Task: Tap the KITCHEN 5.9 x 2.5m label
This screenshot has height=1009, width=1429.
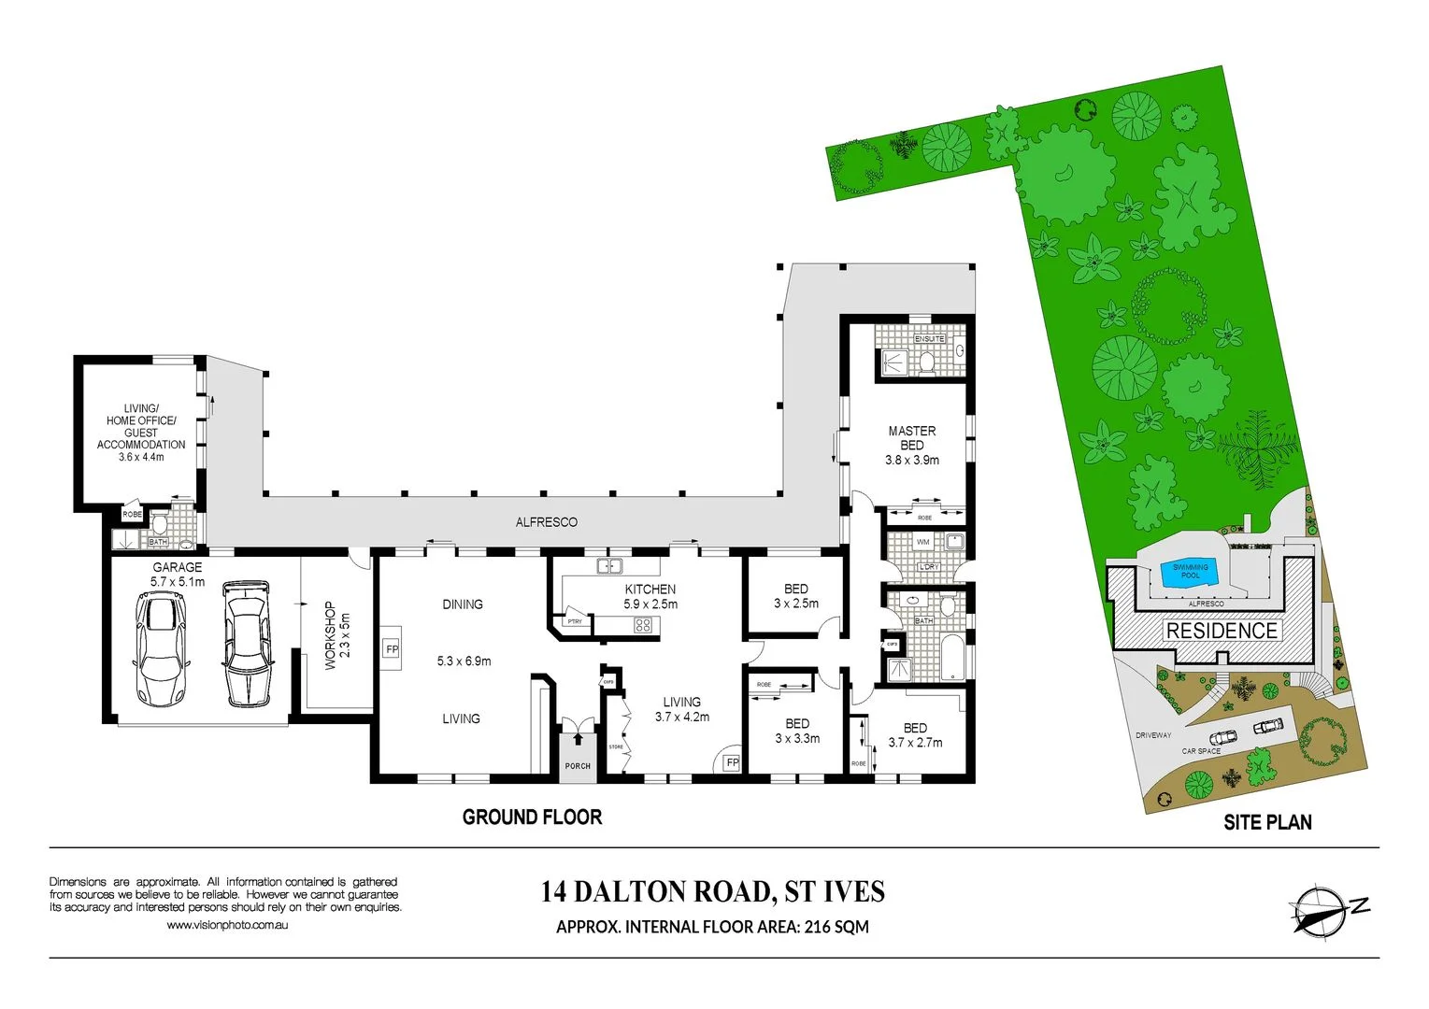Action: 650,596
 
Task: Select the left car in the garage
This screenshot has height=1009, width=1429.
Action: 163,650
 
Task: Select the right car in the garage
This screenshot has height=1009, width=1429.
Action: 247,645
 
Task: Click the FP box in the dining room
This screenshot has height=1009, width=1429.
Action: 392,649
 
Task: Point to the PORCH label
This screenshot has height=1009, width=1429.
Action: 578,766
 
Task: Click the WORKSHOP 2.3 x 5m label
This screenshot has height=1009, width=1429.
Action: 336,634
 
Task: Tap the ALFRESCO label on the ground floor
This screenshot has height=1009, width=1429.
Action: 546,522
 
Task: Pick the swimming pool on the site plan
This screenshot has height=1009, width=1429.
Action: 1190,572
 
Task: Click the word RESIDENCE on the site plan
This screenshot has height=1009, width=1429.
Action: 1221,631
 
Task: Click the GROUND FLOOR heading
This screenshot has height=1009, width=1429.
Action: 532,817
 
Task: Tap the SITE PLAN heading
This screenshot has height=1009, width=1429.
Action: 1267,822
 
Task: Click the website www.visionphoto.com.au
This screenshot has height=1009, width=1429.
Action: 227,925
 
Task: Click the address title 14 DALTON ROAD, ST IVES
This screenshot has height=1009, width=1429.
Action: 712,891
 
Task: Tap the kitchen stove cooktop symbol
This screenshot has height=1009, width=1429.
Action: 643,625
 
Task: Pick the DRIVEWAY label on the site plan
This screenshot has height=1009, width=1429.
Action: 1152,735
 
